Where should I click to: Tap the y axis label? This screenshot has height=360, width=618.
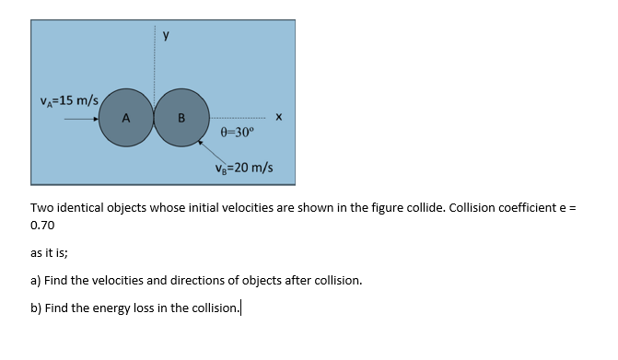[x=166, y=36]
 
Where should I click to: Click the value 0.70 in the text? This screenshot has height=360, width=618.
[x=42, y=225]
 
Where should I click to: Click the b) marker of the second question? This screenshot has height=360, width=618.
[x=37, y=308]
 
